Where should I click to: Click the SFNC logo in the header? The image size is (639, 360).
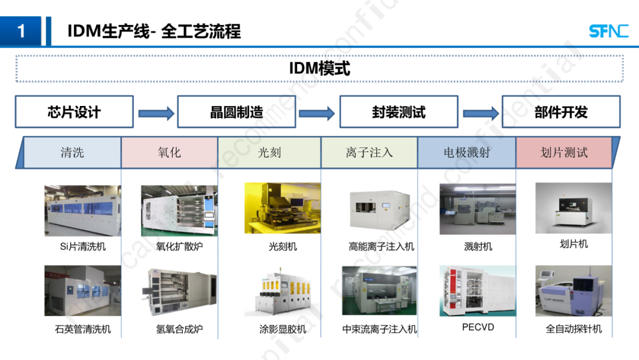tap(608, 31)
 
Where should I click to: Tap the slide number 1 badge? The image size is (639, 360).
tap(21, 31)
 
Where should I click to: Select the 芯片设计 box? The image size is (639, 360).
tap(74, 112)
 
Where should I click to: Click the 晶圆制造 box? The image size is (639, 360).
tap(236, 112)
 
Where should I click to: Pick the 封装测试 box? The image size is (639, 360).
tap(398, 112)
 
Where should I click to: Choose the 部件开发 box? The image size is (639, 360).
tap(561, 112)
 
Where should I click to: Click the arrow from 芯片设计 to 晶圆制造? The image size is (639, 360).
tap(156, 112)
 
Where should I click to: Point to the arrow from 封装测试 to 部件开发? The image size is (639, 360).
tap(480, 112)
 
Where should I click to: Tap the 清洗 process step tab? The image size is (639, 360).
tap(72, 153)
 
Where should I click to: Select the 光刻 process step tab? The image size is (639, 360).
tap(269, 153)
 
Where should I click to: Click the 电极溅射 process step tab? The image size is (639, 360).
tap(467, 153)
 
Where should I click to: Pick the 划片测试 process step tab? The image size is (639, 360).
tap(564, 153)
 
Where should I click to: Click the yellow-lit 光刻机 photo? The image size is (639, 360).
tap(282, 208)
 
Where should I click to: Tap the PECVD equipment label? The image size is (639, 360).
tap(478, 327)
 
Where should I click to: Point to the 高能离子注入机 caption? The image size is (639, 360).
tap(382, 246)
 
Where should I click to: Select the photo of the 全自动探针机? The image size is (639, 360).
tap(573, 291)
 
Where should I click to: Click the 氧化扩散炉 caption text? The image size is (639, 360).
tap(179, 246)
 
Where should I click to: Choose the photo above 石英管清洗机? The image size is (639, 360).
tap(82, 291)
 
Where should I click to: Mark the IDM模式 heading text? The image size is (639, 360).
tap(319, 68)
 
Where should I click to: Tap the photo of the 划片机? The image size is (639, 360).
tap(573, 208)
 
